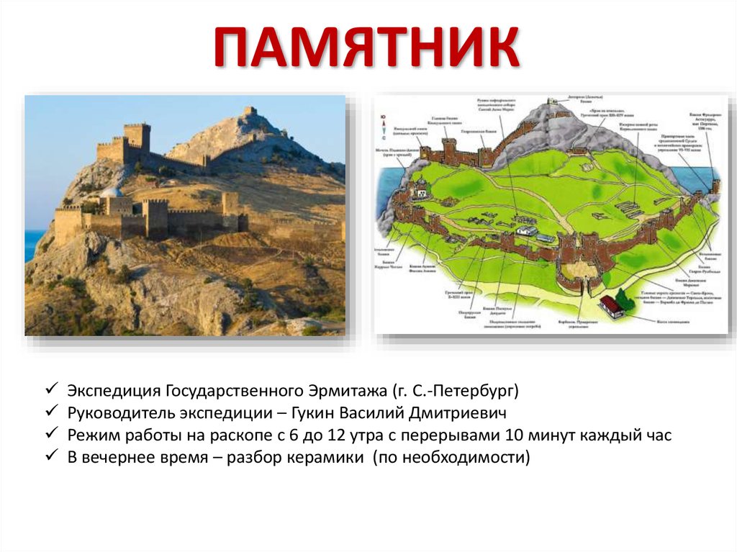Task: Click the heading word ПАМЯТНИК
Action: pyautogui.click(x=367, y=48)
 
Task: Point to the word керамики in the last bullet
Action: pyautogui.click(x=328, y=458)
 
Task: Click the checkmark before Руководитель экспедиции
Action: pyautogui.click(x=52, y=413)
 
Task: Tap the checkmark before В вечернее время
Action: pyautogui.click(x=52, y=457)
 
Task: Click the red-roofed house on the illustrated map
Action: pyautogui.click(x=612, y=307)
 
